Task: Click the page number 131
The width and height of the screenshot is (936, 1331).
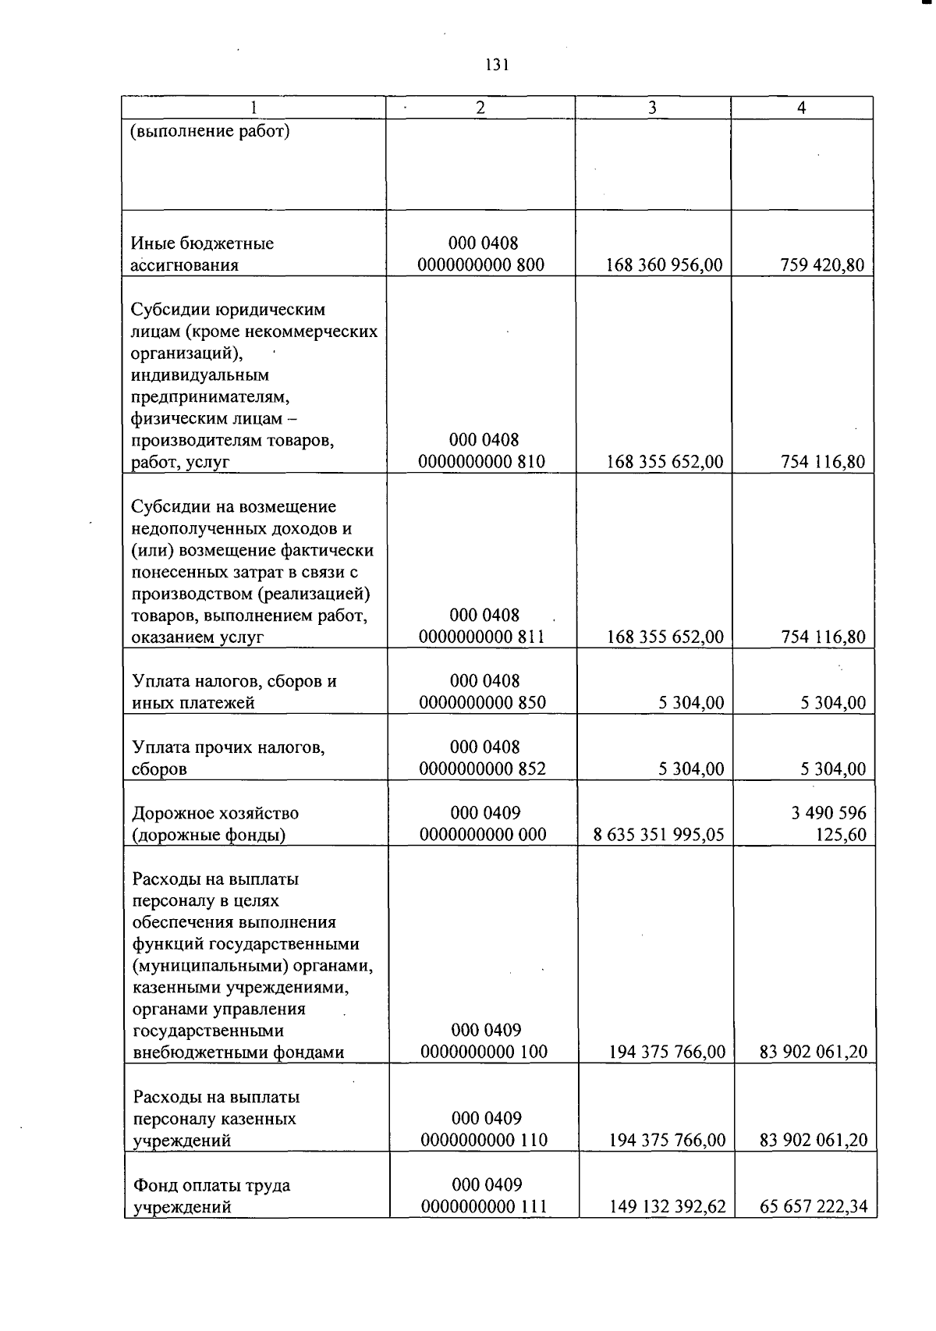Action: (496, 65)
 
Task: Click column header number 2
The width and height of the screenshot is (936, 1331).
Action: (480, 108)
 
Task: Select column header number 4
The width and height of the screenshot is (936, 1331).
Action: (801, 108)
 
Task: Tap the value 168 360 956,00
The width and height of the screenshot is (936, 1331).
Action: (665, 265)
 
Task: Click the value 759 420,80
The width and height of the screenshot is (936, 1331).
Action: (822, 265)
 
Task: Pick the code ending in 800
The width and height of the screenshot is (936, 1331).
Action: (480, 265)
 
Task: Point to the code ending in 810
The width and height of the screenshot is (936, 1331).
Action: (481, 462)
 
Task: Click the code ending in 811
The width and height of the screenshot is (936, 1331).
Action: (481, 637)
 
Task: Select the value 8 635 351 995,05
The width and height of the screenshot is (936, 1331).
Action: (658, 835)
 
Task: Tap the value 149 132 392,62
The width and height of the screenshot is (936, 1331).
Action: (667, 1207)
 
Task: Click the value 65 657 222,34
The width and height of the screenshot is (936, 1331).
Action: (814, 1207)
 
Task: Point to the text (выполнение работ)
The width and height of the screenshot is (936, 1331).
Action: (210, 130)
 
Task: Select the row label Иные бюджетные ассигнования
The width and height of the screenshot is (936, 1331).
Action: (202, 254)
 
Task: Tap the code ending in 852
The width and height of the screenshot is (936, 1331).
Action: (482, 768)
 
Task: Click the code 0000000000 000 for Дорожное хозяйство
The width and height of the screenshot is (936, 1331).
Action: (483, 835)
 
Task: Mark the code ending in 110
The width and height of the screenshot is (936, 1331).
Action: (484, 1141)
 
